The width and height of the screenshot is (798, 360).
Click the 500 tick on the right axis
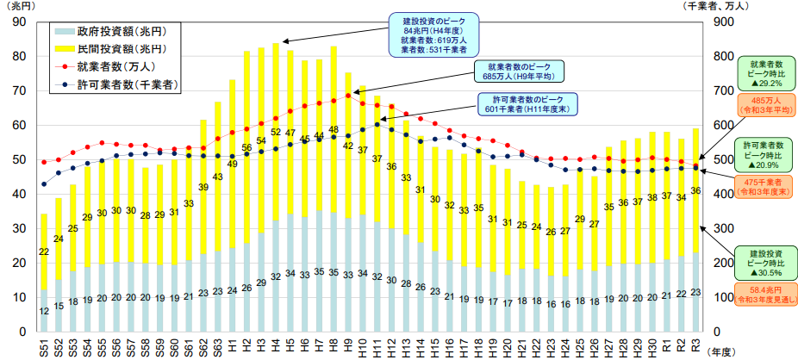pos(722,159)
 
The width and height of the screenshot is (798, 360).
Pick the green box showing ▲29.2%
pos(765,74)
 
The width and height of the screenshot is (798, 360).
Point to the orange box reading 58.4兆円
pos(765,295)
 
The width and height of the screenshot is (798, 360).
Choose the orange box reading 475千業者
pos(765,188)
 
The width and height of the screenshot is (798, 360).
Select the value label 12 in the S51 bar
pos(44,310)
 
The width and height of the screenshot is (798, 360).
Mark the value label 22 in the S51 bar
pos(44,251)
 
